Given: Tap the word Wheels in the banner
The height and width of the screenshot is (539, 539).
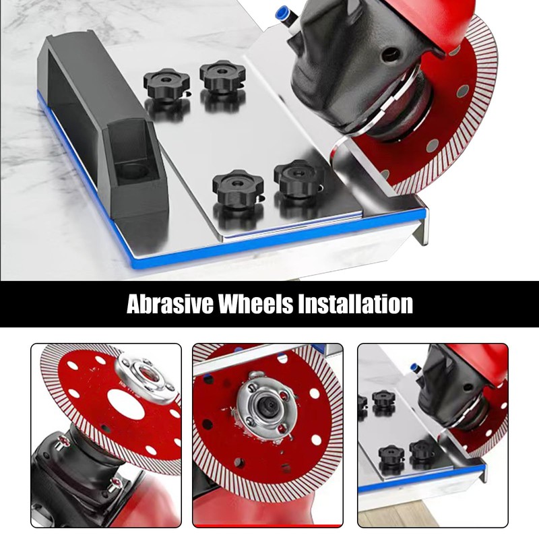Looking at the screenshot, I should click(257, 304).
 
